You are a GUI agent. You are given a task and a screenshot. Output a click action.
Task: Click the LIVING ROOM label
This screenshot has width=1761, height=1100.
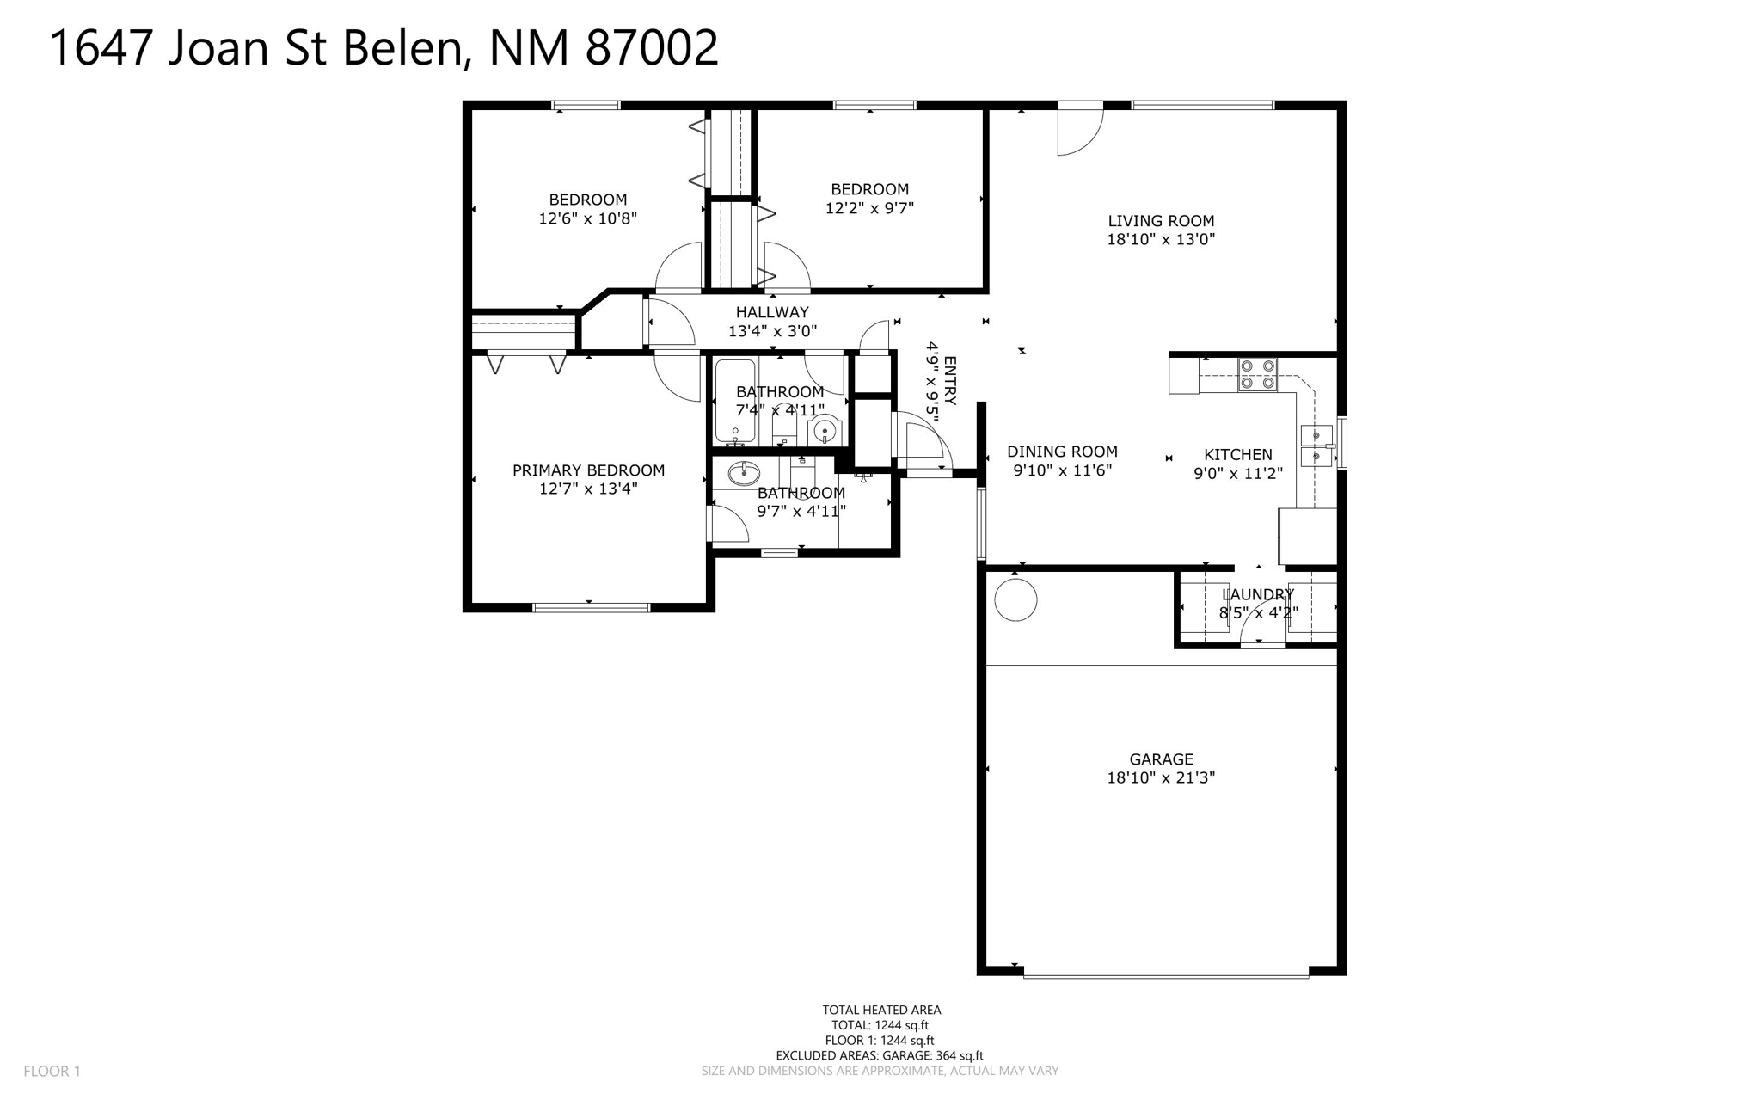point(1161,221)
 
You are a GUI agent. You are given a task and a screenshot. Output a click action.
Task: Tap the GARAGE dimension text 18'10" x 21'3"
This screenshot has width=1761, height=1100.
point(1161,778)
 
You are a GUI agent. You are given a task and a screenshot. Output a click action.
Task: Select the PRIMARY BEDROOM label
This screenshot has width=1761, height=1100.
point(588,470)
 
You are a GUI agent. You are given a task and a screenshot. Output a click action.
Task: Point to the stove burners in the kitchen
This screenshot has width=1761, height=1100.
point(1257,375)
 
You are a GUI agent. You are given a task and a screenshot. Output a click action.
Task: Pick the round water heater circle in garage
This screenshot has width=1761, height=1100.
point(1015,599)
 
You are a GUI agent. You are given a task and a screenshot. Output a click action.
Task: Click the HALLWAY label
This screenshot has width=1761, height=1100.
point(772,312)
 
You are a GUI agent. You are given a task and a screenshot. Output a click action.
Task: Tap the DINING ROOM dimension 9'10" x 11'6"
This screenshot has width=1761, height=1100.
point(1063,470)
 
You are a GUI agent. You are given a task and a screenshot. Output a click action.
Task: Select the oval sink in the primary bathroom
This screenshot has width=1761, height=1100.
point(744,473)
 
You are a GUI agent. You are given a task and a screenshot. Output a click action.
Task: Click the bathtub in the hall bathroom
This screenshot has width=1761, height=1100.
point(735,403)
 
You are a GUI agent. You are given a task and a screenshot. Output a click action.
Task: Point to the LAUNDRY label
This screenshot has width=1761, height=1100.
point(1258,594)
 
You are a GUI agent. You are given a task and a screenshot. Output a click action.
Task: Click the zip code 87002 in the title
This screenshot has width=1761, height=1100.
point(652,48)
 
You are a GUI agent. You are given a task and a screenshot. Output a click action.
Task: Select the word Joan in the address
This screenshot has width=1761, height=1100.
point(218,48)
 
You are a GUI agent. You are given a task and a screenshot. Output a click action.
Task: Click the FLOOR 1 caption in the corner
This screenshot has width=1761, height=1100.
point(52,1072)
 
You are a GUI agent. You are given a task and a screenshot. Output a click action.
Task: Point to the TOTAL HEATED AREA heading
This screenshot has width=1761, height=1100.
point(881,1011)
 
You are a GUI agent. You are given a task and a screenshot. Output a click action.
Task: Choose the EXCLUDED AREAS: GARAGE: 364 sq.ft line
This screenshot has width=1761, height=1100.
point(880,1056)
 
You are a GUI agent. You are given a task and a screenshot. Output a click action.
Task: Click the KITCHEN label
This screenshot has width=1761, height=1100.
point(1238,455)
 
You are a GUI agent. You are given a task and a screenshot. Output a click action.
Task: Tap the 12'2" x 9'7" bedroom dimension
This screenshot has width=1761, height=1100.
point(869,208)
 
